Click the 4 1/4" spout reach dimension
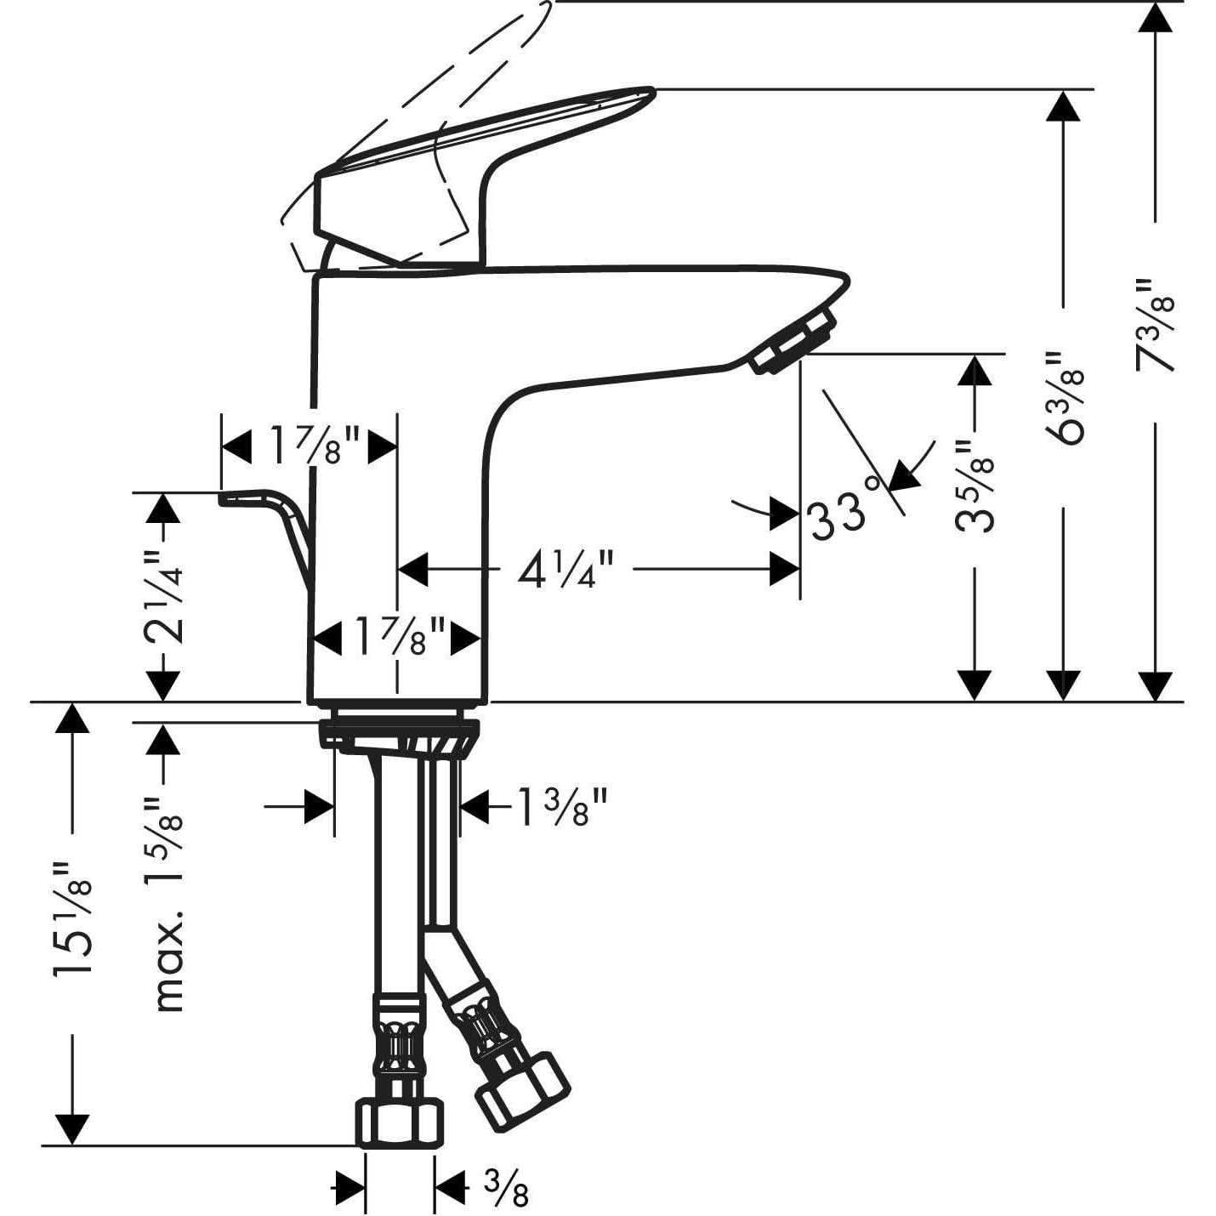pos(565,570)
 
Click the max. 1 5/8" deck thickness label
pos(167,903)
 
